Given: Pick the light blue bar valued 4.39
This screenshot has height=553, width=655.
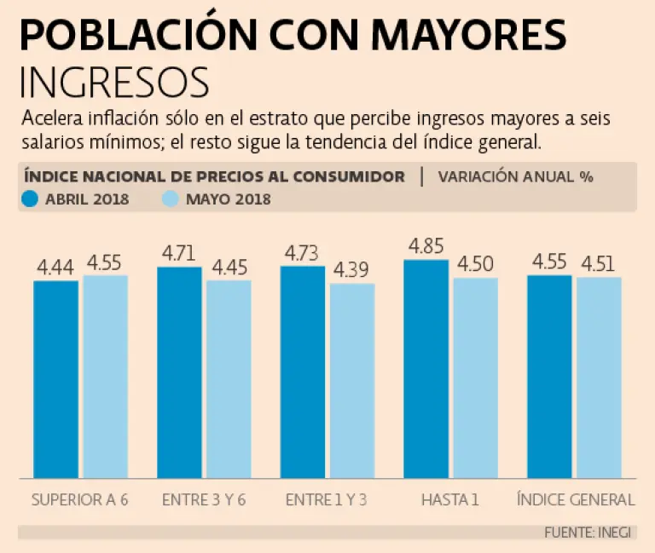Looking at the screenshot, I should pyautogui.click(x=352, y=380).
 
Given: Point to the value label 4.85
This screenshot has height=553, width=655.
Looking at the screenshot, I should pyautogui.click(x=426, y=246).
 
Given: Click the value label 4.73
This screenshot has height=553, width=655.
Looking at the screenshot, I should pyautogui.click(x=303, y=253).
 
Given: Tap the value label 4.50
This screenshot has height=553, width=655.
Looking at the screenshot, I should pyautogui.click(x=476, y=263).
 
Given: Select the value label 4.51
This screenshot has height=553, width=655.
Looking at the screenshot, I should pyautogui.click(x=599, y=263).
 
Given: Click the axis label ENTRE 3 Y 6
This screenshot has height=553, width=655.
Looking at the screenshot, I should pyautogui.click(x=204, y=499).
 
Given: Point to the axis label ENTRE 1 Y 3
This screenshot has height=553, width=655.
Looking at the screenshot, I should pyautogui.click(x=327, y=499).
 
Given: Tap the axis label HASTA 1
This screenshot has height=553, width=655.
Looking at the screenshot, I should pyautogui.click(x=449, y=499).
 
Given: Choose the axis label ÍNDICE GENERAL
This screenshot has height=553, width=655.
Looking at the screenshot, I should pyautogui.click(x=576, y=499).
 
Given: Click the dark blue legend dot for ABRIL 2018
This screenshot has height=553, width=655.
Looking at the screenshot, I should pyautogui.click(x=32, y=199).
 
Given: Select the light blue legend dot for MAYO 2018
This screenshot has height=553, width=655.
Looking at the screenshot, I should pyautogui.click(x=170, y=199).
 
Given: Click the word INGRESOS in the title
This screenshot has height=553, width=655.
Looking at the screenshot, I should pyautogui.click(x=114, y=83).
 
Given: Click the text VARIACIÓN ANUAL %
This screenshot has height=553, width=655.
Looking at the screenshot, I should pyautogui.click(x=516, y=176).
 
